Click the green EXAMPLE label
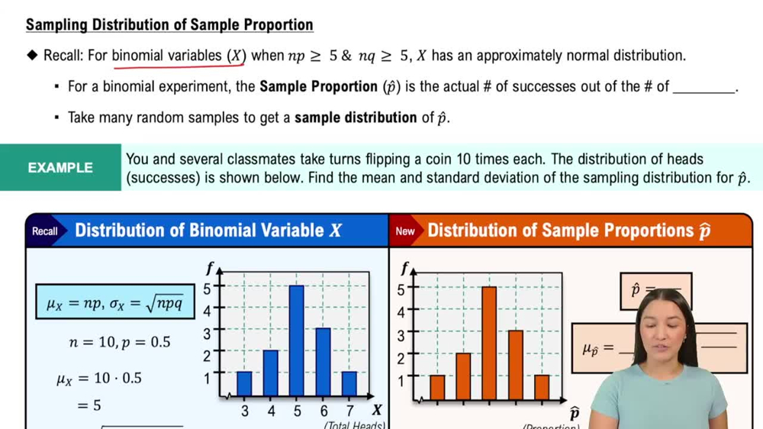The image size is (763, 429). coord(60,168)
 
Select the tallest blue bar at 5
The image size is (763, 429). coord(296,340)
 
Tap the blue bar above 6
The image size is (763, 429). coord(323,361)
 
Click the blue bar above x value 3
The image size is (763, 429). coord(244,384)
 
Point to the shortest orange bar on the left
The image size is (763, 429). coord(437,388)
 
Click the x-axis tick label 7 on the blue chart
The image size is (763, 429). coord(349,411)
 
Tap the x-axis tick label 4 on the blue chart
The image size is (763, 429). coord(270,411)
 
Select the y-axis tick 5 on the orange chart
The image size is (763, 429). coord(401,289)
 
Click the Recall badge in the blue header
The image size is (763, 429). coord(45,231)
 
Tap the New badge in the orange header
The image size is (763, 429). coord(405,231)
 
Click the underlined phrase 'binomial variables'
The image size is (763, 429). coord(168,56)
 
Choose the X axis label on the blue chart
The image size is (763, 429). coord(377,411)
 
